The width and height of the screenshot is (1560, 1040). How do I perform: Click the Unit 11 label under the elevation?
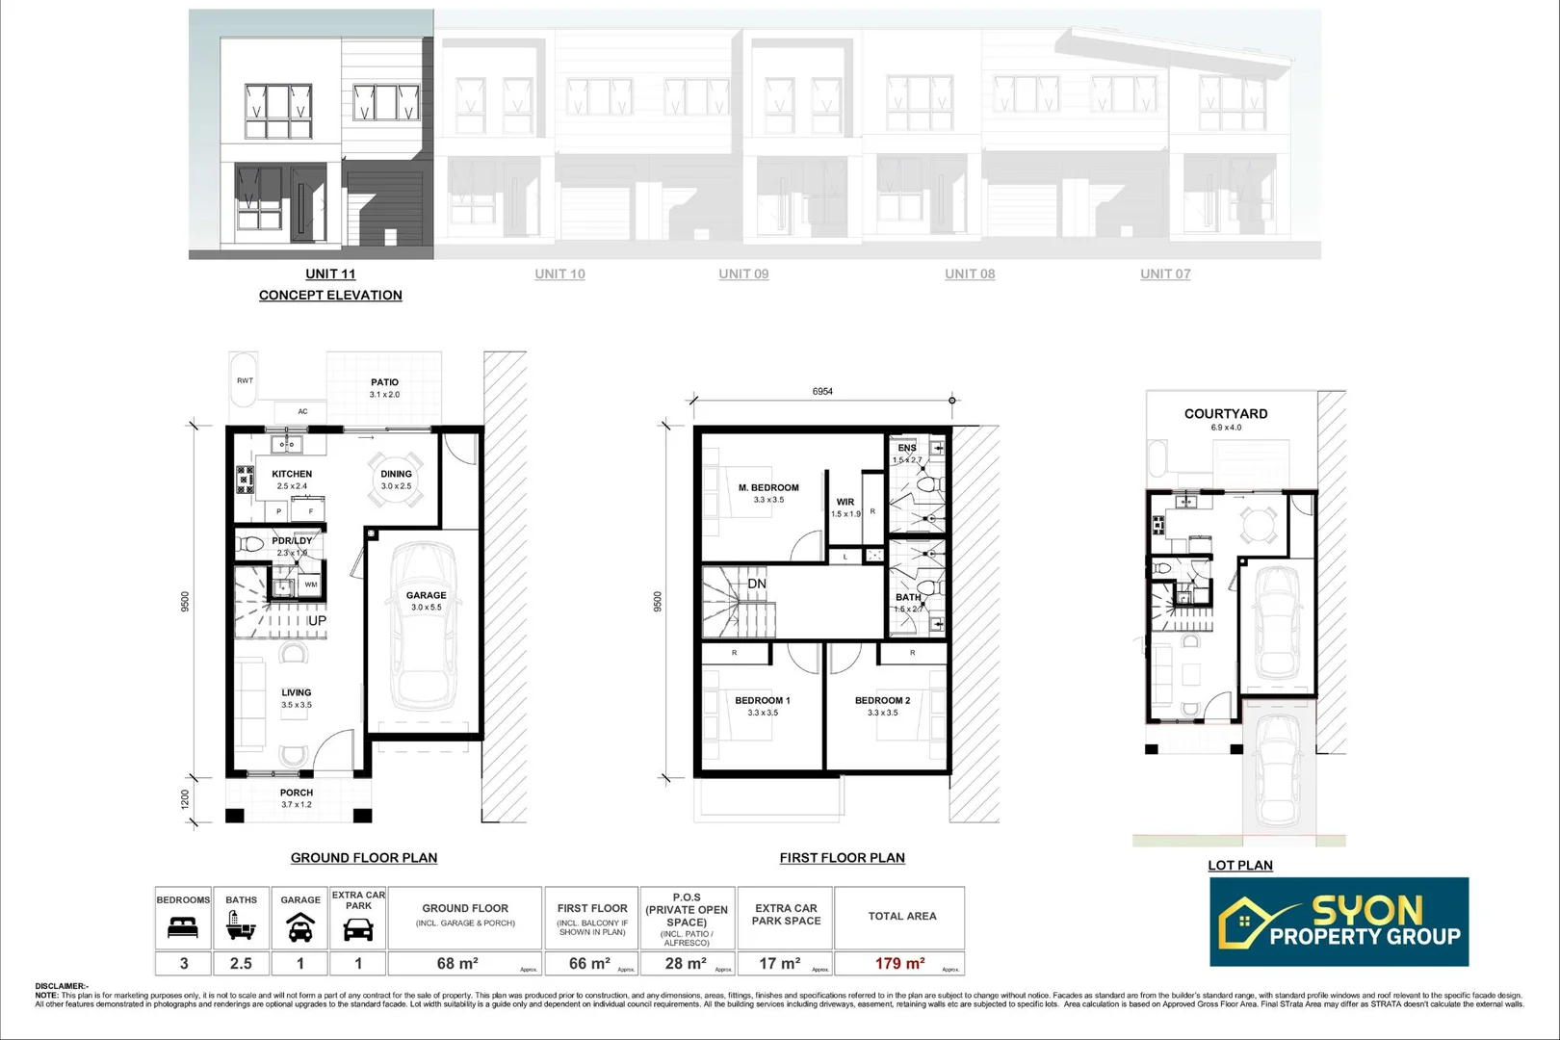[330, 273]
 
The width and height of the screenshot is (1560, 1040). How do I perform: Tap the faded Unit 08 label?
[970, 273]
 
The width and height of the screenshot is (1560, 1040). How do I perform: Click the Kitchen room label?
[292, 474]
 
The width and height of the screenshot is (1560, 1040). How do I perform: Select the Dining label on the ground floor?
[396, 474]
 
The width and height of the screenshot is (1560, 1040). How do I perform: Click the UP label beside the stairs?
[317, 621]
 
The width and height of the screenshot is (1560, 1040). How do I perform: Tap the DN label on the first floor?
[757, 584]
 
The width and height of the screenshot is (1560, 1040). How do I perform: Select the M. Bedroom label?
[768, 488]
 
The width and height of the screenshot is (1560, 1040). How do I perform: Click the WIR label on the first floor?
[845, 502]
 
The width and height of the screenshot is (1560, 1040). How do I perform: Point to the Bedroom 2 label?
[882, 700]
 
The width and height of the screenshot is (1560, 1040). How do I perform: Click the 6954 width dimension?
[822, 392]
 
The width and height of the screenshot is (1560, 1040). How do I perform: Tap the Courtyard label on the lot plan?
[1226, 414]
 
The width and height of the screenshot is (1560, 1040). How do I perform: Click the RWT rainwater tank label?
[246, 380]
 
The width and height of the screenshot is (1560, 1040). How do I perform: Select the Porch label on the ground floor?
[297, 793]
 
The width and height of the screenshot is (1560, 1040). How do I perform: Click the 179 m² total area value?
[899, 963]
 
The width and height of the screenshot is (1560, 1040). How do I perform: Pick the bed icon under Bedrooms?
[183, 928]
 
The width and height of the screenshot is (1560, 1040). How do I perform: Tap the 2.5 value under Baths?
[241, 963]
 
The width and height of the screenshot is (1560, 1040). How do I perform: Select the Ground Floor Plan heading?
[364, 858]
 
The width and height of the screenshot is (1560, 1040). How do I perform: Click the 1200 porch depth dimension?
[186, 799]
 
